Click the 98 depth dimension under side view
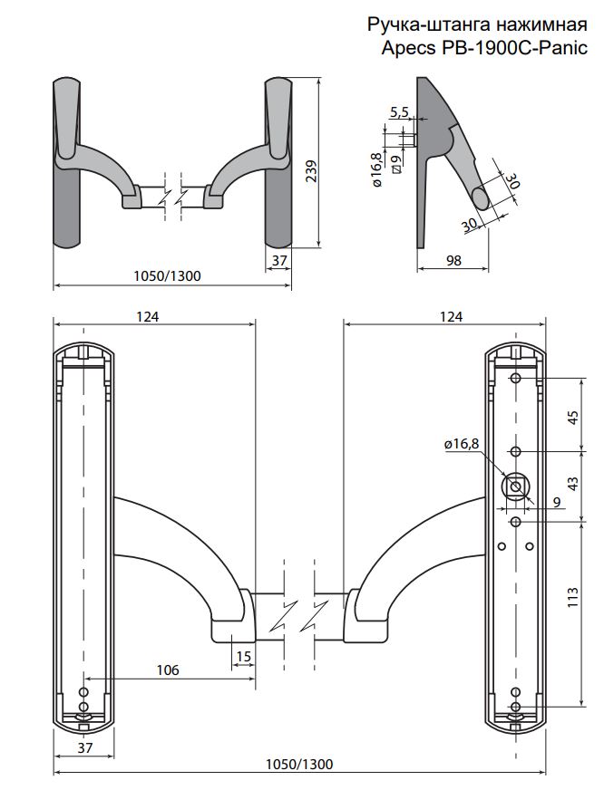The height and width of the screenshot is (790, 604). [454, 260]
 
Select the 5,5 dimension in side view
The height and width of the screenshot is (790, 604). [400, 111]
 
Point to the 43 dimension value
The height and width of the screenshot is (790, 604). [572, 484]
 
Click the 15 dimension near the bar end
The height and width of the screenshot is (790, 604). [243, 655]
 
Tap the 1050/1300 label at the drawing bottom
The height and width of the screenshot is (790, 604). [299, 764]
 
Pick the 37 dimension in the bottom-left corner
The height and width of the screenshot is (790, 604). [85, 747]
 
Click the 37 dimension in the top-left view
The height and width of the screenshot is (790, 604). [279, 260]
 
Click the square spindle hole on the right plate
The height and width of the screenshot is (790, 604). [516, 487]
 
